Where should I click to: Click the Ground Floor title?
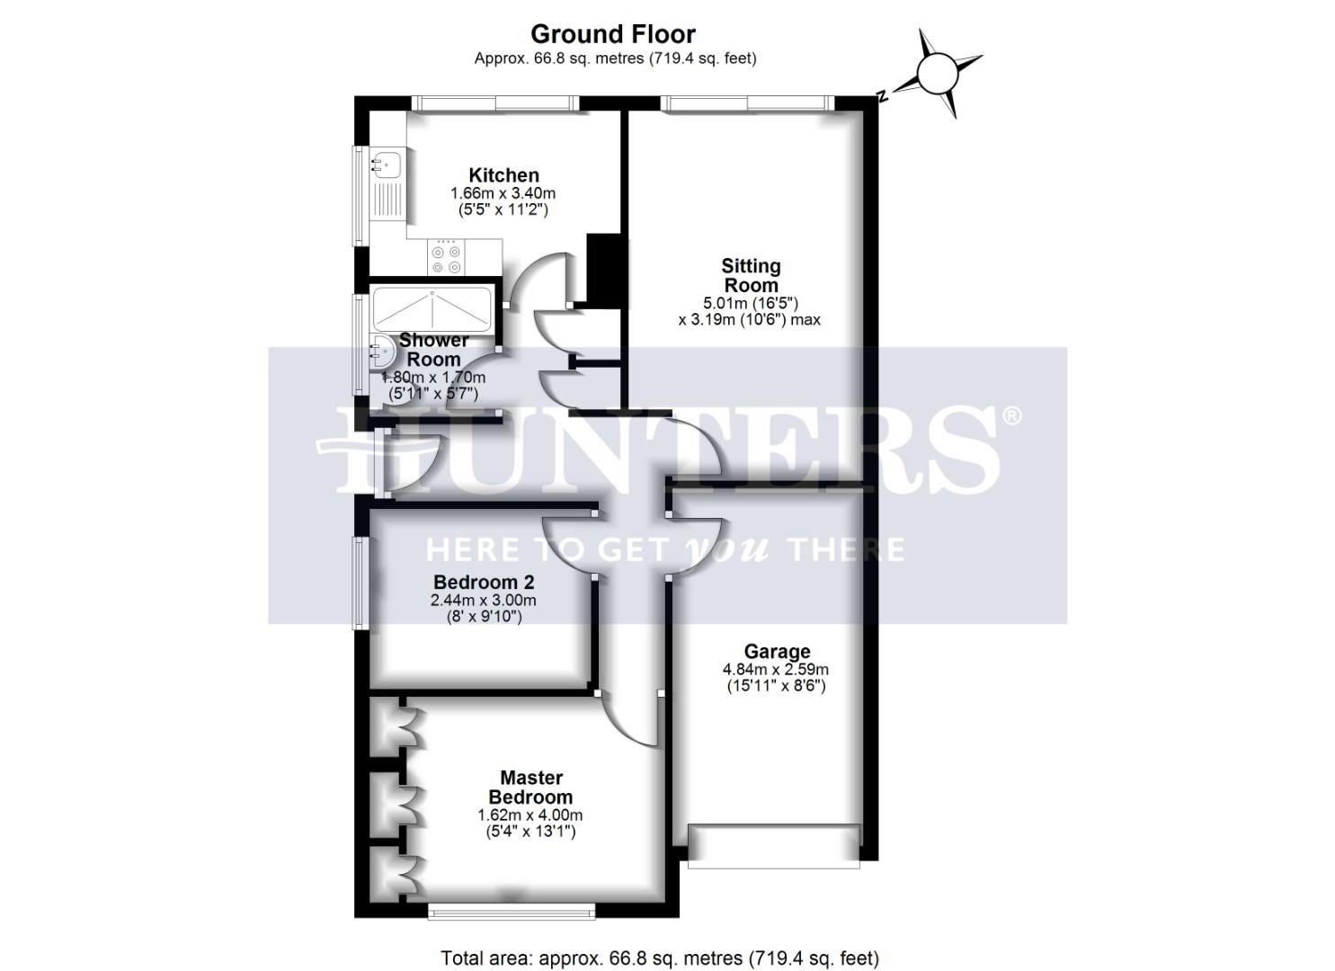click(x=612, y=34)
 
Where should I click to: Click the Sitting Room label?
click(x=751, y=275)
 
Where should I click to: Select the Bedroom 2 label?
click(x=484, y=582)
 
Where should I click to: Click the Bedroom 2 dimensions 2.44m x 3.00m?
click(x=484, y=601)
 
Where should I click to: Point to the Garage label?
click(x=777, y=652)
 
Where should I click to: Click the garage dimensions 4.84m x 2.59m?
click(x=776, y=670)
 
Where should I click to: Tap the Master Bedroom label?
click(x=530, y=788)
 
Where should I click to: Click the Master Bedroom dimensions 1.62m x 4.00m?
click(x=530, y=815)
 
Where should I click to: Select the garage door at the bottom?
click(x=774, y=846)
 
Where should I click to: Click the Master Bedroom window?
click(x=512, y=911)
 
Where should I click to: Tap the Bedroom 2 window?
click(x=360, y=583)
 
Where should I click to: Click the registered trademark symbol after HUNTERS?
click(x=1011, y=416)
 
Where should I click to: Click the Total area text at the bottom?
click(x=660, y=958)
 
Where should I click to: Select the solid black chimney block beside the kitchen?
click(x=603, y=268)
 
